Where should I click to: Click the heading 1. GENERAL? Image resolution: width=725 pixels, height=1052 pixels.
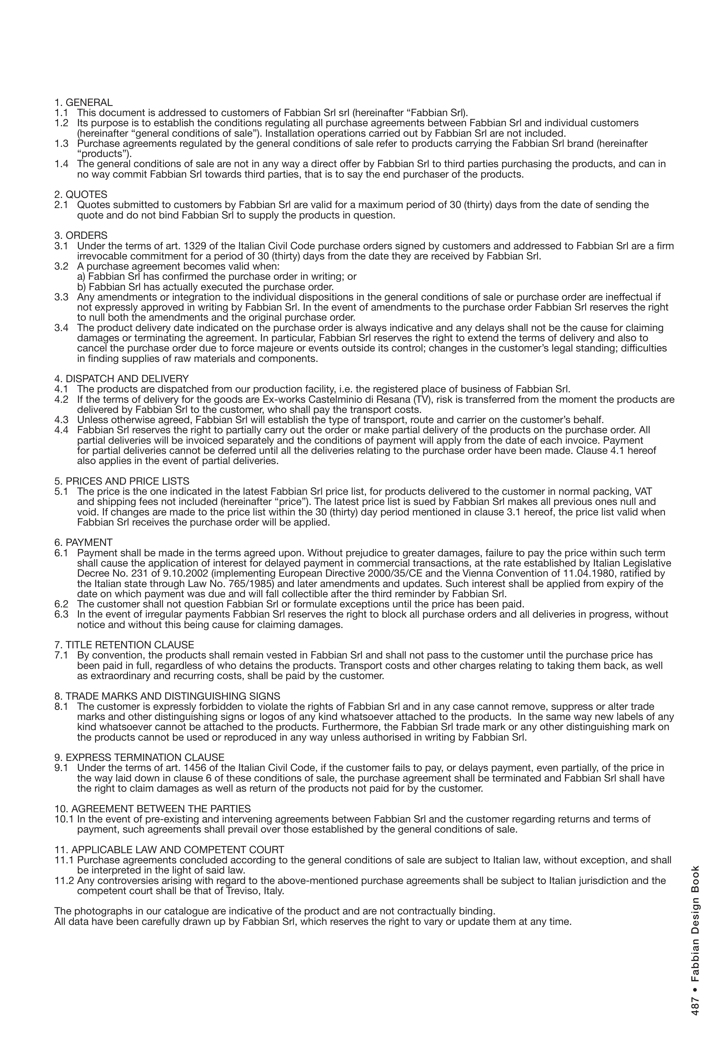pyautogui.click(x=84, y=103)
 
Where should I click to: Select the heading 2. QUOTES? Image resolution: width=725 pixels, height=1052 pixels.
pyautogui.click(x=81, y=195)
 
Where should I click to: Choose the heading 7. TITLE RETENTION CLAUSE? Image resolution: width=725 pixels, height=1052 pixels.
pyautogui.click(x=124, y=645)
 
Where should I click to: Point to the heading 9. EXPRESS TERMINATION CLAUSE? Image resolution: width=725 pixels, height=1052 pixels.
pyautogui.click(x=139, y=758)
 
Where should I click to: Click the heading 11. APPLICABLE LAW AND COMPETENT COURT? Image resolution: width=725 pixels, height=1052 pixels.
pyautogui.click(x=169, y=850)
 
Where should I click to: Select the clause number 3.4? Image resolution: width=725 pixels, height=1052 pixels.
pyautogui.click(x=61, y=328)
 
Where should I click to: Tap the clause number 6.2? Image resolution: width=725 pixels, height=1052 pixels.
pyautogui.click(x=61, y=604)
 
